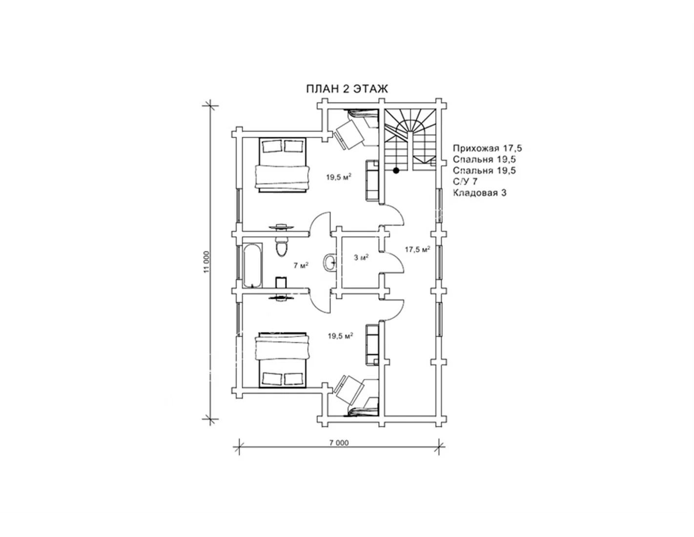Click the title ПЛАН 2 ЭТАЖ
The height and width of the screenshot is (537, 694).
coord(347,89)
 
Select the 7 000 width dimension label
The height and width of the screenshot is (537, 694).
coord(339,443)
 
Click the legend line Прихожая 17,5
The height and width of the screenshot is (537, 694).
coord(488,148)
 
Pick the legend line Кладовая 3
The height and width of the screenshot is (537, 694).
coord(480,193)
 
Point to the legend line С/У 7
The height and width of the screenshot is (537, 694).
coord(465,182)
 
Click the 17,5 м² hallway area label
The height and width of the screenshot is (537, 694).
coord(417,249)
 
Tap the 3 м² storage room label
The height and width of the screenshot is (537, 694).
coord(361,257)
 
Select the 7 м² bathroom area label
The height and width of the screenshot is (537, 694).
coord(301,265)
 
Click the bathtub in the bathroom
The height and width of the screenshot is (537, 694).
coord(253,266)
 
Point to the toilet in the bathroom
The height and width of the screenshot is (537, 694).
coord(282,247)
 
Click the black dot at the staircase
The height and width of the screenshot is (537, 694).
coord(396,170)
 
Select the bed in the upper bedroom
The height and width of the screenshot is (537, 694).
coord(282,165)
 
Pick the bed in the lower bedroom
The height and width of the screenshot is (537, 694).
coord(282,360)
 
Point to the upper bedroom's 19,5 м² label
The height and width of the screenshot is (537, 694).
coord(339,177)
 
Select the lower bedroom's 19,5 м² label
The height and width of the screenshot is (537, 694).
coord(341,336)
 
